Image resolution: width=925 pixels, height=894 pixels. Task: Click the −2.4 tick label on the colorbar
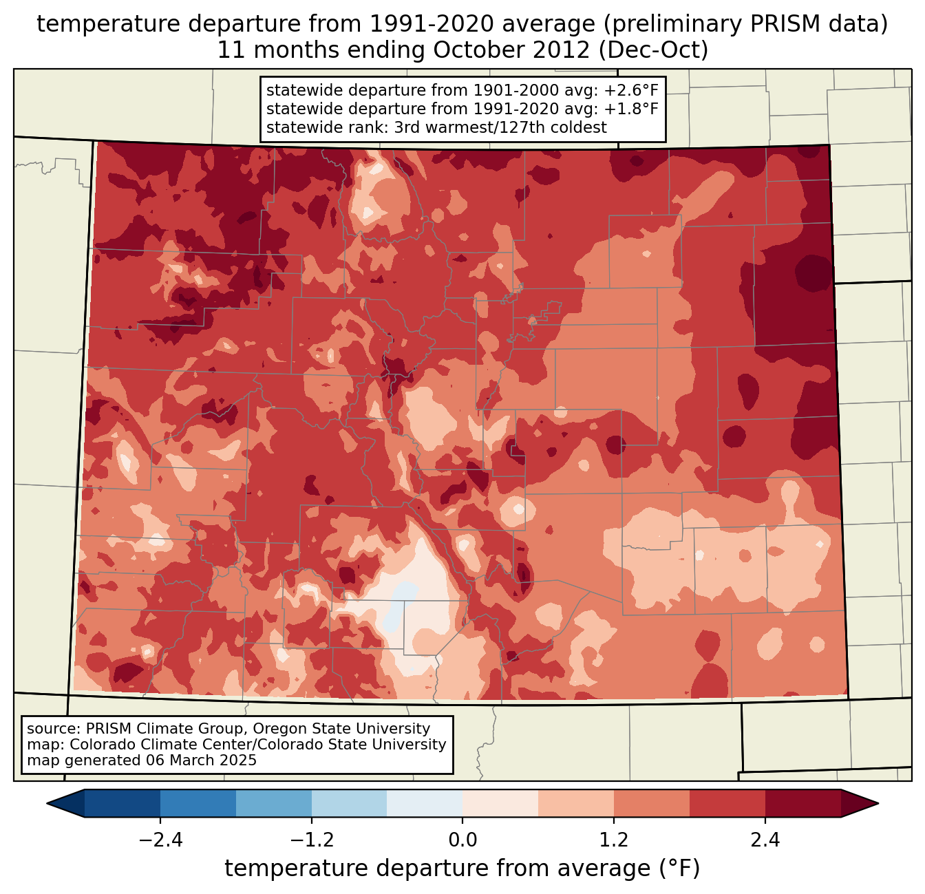click(x=160, y=840)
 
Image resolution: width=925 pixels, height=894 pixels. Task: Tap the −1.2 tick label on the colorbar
click(x=311, y=840)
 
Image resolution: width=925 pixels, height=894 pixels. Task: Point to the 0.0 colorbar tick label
click(x=463, y=840)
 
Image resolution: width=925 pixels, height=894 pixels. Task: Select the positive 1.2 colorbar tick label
click(x=614, y=840)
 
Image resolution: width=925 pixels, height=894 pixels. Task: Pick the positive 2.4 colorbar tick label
click(x=765, y=840)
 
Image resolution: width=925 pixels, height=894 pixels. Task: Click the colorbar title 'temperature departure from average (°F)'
click(x=463, y=869)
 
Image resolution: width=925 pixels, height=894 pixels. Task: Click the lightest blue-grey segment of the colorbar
click(x=425, y=803)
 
